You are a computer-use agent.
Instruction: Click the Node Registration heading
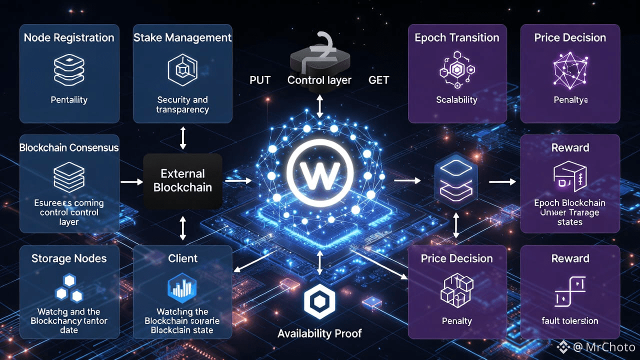69,37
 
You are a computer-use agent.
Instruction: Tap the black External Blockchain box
182,181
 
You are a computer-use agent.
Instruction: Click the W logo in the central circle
320,173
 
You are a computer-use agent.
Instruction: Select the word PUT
259,80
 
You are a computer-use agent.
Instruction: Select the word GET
378,80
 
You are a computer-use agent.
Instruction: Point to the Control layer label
319,80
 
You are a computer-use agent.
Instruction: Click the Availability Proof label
319,333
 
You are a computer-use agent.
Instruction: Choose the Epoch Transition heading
457,37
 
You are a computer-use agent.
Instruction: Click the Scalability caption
456,99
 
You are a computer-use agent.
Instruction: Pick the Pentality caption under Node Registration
69,99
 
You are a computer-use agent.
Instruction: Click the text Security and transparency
182,104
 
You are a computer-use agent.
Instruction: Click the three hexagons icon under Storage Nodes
69,288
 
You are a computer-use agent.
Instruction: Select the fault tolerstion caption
570,320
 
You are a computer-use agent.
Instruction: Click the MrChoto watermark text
610,347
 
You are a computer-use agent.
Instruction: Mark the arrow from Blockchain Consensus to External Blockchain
132,181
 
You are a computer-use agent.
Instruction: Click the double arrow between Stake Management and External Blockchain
182,138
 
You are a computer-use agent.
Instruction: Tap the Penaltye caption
570,99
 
